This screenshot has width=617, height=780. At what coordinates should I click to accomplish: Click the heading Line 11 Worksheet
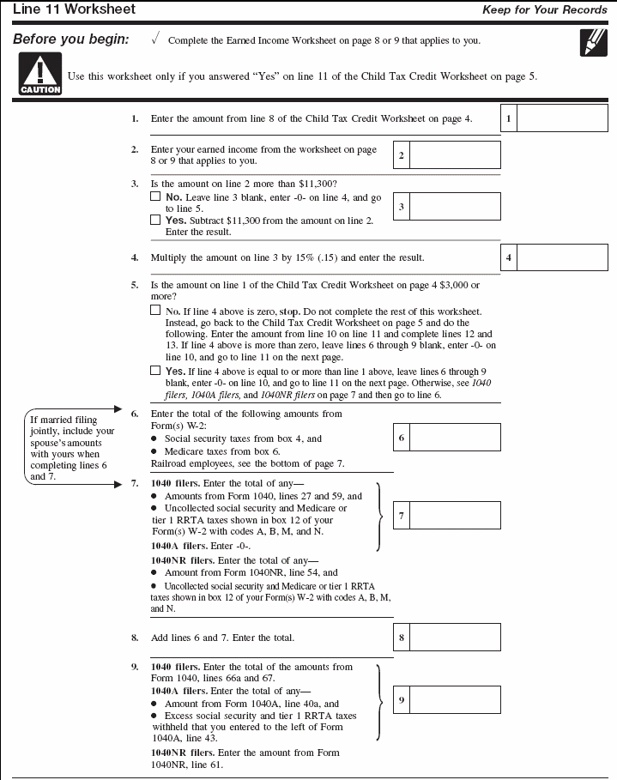[74, 9]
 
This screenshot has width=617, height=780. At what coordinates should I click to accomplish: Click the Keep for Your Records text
[545, 10]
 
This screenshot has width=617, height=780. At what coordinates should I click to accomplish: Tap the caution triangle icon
[40, 73]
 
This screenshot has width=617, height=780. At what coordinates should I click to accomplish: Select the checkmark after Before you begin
[154, 39]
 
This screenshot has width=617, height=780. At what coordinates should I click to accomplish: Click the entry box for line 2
[455, 155]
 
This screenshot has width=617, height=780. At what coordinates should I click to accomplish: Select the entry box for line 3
[455, 207]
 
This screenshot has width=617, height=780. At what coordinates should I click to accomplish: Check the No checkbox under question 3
[155, 197]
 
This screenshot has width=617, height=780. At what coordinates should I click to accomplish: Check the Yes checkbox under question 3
[155, 220]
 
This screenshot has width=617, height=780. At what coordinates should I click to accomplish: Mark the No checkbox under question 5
[155, 311]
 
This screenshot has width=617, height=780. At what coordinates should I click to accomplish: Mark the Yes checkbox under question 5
[155, 371]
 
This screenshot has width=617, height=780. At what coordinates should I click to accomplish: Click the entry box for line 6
[455, 438]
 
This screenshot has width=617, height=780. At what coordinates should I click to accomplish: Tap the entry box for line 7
[455, 515]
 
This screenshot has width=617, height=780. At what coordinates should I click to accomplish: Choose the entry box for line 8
[455, 638]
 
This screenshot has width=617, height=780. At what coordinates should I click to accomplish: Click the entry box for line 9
[455, 700]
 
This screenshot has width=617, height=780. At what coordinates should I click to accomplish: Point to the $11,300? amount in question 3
[317, 184]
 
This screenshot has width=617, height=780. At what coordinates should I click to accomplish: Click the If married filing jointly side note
[71, 448]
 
